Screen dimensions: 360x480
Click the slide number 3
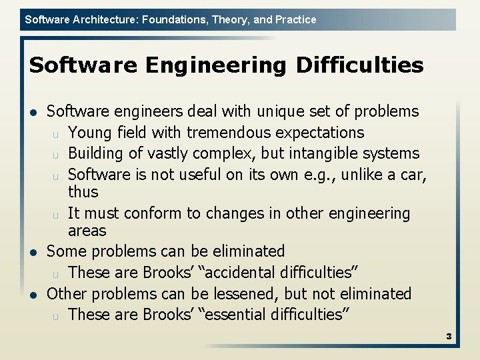[x=449, y=337]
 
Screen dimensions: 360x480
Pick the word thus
[x=83, y=192]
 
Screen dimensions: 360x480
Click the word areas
[x=87, y=231]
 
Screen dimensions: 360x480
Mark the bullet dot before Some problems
[x=33, y=252]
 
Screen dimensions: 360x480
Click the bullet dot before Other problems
[x=33, y=294]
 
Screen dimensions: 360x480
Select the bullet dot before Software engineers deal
[x=33, y=112]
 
